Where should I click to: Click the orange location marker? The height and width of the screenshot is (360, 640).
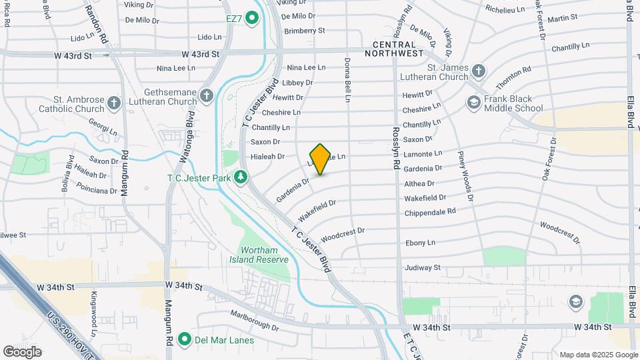(x=320, y=159)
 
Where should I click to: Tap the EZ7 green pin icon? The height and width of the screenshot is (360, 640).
(x=252, y=17)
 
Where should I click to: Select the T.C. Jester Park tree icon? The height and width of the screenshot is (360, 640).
(x=240, y=178)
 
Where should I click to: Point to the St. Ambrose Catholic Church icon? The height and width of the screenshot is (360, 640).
(x=114, y=103)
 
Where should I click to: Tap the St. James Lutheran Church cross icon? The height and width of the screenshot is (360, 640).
(x=478, y=71)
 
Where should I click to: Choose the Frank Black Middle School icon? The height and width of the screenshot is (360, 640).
(x=474, y=102)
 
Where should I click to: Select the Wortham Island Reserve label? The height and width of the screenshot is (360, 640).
(x=259, y=255)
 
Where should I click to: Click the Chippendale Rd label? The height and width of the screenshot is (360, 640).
(x=430, y=211)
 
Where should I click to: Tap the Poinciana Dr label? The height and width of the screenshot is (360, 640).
(x=96, y=191)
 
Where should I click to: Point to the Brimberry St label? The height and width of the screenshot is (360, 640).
(x=304, y=31)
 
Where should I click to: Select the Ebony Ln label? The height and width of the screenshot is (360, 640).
(x=420, y=243)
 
